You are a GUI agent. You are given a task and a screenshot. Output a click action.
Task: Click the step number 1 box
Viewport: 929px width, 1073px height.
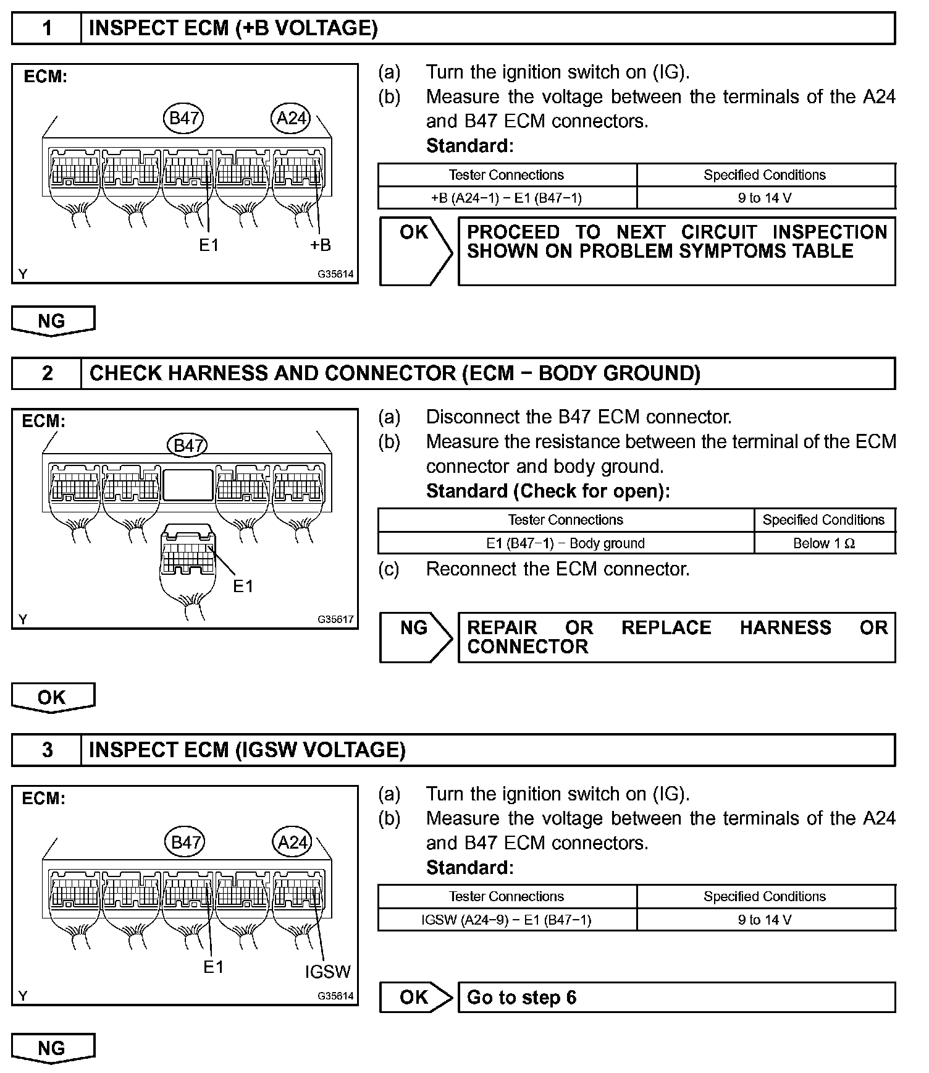point(47,28)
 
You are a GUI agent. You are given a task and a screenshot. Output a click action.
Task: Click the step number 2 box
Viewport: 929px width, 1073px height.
point(47,373)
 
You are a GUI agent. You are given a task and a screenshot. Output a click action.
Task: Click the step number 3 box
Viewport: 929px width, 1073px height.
point(47,750)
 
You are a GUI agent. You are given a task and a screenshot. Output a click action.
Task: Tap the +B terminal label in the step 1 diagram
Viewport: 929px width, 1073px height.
point(321,245)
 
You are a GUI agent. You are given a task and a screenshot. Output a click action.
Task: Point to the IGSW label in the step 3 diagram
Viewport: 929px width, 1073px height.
point(327,972)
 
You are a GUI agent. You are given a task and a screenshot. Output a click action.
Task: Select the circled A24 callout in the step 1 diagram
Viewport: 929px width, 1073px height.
point(291,118)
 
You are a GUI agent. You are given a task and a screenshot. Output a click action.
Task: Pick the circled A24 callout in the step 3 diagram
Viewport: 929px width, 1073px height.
point(292,842)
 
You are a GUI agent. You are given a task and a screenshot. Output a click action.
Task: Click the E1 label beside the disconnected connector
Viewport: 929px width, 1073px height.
point(243,586)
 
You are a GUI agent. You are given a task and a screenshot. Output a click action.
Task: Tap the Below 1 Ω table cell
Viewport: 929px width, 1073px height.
point(824,543)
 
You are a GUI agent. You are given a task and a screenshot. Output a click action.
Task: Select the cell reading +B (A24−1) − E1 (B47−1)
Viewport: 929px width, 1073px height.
point(507,198)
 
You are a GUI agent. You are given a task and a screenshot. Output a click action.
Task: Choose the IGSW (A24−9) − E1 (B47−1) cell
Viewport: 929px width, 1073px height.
point(507,920)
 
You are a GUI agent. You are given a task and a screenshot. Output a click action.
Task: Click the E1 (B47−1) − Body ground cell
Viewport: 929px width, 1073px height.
point(565,543)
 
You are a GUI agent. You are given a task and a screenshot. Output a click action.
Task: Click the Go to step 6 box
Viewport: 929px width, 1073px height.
point(676,998)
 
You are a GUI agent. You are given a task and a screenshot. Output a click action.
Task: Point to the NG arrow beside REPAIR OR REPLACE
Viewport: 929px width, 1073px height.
point(415,637)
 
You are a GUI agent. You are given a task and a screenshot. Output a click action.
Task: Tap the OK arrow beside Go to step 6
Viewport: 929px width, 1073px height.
point(415,998)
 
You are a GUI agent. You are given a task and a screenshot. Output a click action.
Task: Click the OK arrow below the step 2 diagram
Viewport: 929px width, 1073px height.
point(53,698)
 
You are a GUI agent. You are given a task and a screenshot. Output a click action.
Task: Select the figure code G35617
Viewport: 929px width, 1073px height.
point(336,619)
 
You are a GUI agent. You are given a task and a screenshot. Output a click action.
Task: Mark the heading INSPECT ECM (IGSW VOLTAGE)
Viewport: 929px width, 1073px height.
point(247,750)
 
